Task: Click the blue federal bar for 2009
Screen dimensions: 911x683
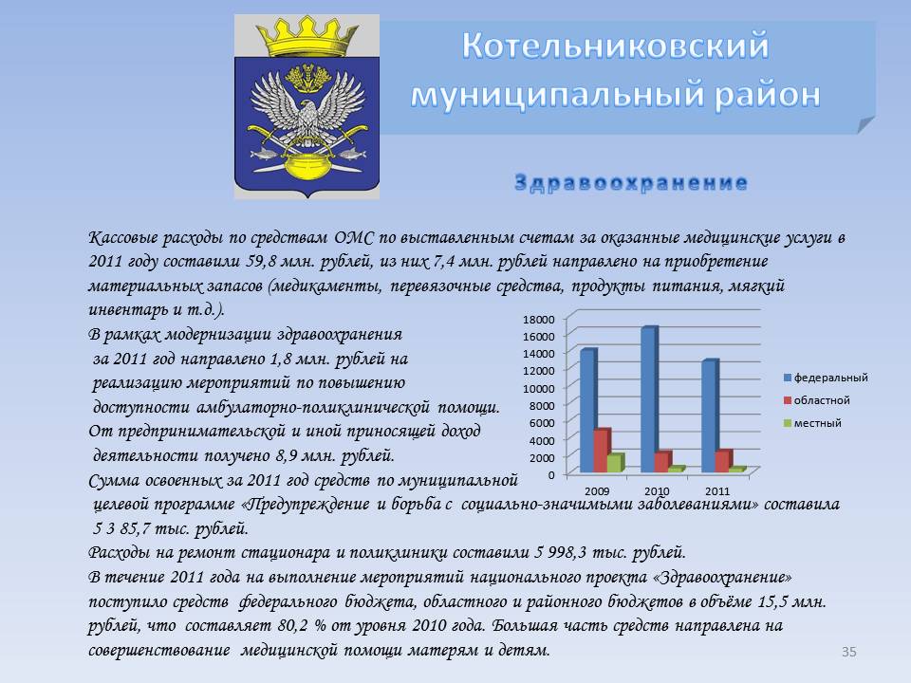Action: [588, 410]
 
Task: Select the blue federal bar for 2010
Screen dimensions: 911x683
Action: [649, 399]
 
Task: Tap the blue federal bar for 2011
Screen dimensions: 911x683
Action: [711, 415]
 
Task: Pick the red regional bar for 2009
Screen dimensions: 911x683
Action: [602, 451]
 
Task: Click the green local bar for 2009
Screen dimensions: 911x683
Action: [616, 462]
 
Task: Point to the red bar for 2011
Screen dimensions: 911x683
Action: [723, 461]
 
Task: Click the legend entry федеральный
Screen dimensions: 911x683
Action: [826, 378]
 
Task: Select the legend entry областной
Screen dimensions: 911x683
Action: [816, 400]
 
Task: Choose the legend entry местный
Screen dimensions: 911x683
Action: [812, 423]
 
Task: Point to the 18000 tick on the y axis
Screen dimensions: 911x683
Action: [539, 319]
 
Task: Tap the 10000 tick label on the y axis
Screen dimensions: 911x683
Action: [539, 388]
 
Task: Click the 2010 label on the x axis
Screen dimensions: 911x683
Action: [657, 490]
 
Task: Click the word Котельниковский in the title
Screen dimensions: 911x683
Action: [616, 46]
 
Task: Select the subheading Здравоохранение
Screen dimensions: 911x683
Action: [631, 183]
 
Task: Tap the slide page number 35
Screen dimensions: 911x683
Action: [848, 652]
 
